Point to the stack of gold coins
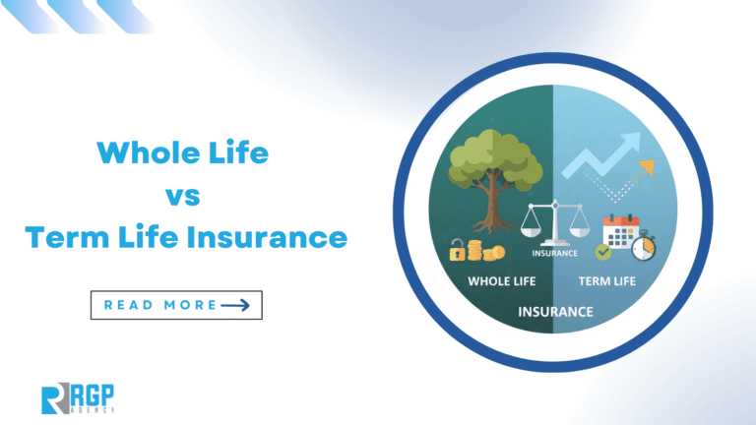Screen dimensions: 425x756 pos(481,251)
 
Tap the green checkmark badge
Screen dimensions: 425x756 pos(602,252)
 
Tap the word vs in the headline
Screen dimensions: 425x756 pos(184,195)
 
